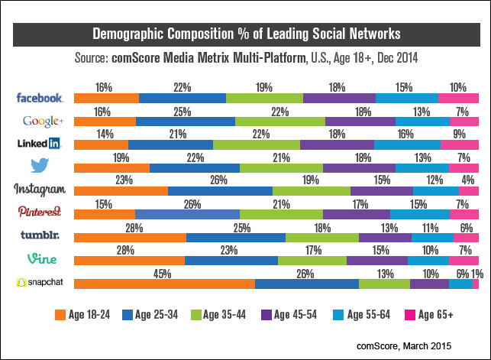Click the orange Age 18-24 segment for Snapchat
click(164, 284)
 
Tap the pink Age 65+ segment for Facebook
click(458, 98)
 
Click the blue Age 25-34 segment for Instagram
click(220, 191)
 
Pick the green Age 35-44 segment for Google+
click(280, 122)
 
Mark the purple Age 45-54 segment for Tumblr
click(385, 238)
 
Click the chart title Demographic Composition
click(246, 34)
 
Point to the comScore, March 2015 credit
click(409, 345)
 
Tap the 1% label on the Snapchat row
click(476, 271)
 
